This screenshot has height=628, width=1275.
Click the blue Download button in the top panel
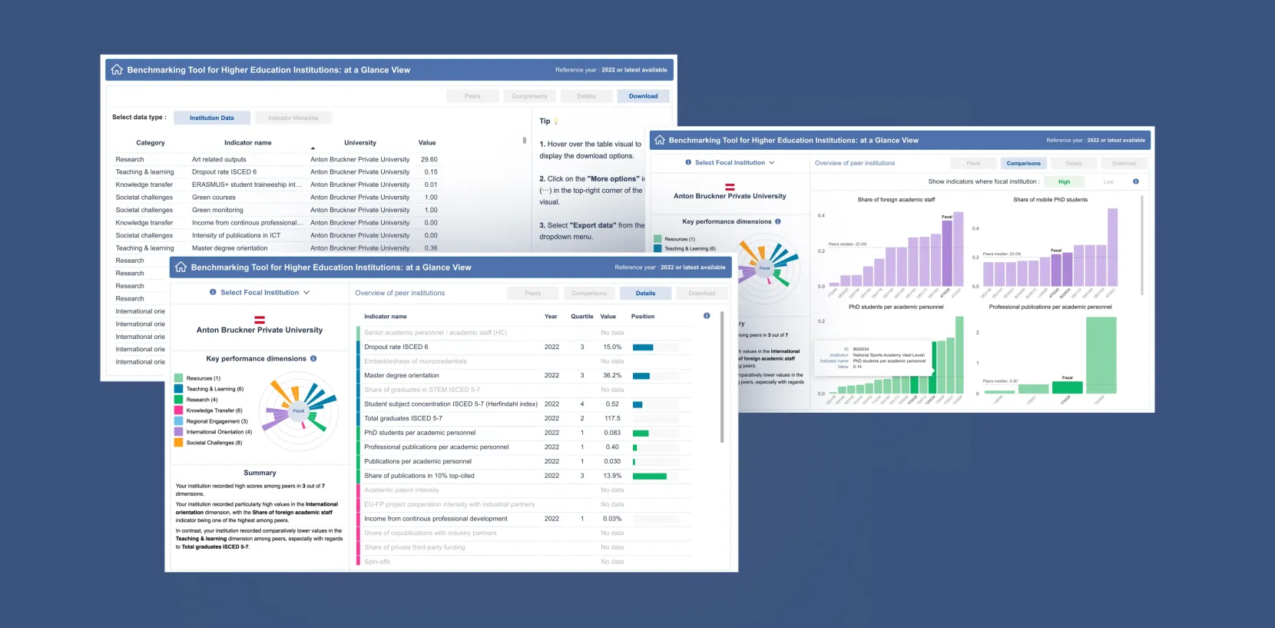tap(643, 96)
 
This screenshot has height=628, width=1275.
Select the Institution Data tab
tap(212, 118)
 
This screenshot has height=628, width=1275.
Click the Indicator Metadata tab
tap(293, 118)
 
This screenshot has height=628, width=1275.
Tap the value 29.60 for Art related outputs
tap(429, 159)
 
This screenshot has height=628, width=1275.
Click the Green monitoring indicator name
tap(217, 210)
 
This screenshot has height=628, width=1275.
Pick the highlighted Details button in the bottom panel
tap(645, 293)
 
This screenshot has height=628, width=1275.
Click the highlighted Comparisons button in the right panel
tap(1023, 163)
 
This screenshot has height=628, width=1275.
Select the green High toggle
tap(1064, 181)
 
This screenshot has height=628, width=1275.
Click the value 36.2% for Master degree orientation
tap(612, 375)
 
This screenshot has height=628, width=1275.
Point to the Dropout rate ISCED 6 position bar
tap(643, 347)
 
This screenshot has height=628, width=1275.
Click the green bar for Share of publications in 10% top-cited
tap(650, 476)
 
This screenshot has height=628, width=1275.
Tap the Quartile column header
tap(581, 316)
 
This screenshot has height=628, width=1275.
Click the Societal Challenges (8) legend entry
tap(214, 443)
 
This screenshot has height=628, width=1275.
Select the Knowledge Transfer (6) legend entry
tap(214, 410)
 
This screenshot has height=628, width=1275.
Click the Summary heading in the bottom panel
tap(260, 473)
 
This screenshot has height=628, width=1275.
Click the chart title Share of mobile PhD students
tap(1050, 199)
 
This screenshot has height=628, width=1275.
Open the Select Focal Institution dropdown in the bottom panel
tap(260, 292)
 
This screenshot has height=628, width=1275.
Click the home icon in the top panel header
tap(117, 69)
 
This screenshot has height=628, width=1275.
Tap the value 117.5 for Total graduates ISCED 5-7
tap(612, 418)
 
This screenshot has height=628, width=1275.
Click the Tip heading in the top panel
tap(545, 121)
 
